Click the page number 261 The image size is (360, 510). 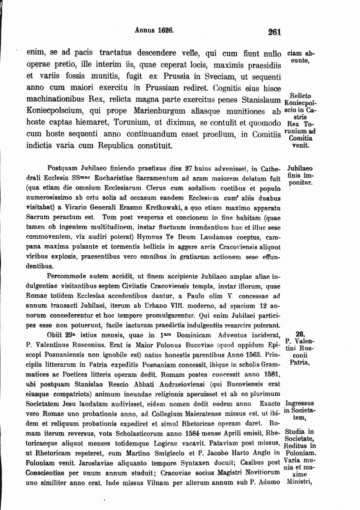tap(274, 32)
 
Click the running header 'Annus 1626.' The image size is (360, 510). tap(154, 30)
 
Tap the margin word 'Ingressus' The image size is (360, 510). tap(299, 403)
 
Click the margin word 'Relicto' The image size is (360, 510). tap(300, 96)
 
